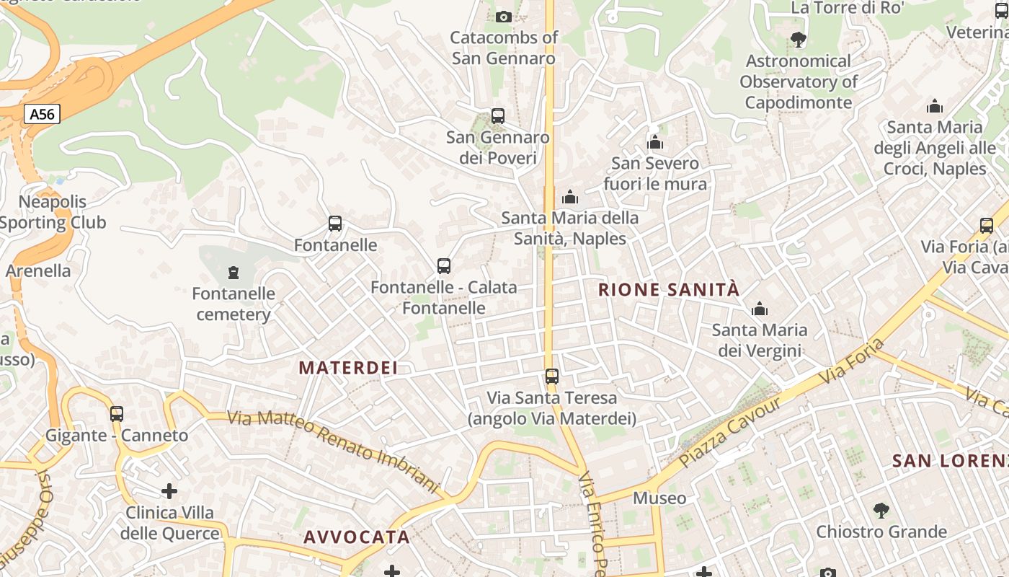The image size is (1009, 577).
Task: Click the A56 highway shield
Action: (x=42, y=114)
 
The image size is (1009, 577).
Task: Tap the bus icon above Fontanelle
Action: (x=335, y=224)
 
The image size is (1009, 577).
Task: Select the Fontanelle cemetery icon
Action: (x=233, y=273)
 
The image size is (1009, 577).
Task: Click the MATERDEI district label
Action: (x=348, y=368)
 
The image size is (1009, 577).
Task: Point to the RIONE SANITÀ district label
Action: (x=669, y=290)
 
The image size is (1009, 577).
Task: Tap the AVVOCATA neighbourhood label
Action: (x=357, y=537)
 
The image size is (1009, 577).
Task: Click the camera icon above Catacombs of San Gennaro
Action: (x=504, y=17)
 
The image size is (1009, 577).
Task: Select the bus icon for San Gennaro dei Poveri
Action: (x=497, y=115)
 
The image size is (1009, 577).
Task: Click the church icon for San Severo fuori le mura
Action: (x=655, y=142)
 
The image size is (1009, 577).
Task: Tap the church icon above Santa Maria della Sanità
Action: (x=570, y=196)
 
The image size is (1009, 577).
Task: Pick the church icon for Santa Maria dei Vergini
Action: (x=759, y=309)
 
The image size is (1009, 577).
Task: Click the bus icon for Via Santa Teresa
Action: (x=552, y=376)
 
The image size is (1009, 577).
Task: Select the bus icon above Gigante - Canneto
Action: (x=117, y=414)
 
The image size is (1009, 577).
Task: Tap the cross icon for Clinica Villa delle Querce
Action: (x=169, y=492)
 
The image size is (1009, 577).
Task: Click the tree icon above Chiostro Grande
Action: (x=881, y=511)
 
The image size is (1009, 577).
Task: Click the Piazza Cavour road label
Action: (x=729, y=433)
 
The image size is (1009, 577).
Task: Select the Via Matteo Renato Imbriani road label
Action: (x=333, y=452)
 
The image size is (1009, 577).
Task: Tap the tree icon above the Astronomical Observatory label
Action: (x=798, y=39)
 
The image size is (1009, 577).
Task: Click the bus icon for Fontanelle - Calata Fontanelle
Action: (x=444, y=266)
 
